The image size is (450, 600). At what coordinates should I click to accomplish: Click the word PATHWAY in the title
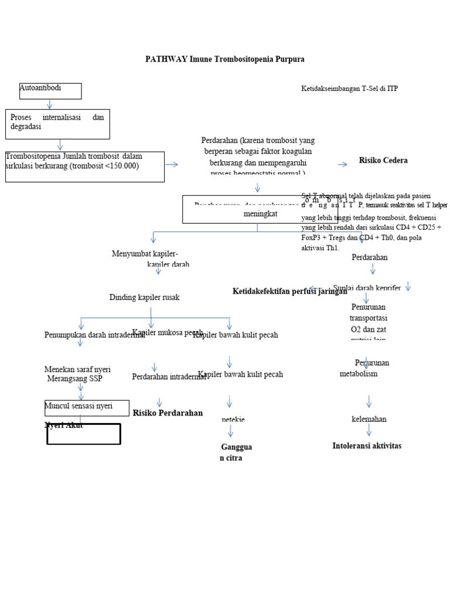[167, 59]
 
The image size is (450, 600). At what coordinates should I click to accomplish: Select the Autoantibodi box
[50, 91]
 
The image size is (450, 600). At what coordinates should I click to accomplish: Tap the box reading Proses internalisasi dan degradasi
[57, 124]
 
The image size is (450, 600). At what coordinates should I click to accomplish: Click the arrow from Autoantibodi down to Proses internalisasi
[50, 104]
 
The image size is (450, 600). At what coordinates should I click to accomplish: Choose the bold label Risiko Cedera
[383, 161]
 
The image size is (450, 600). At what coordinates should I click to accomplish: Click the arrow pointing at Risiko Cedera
[343, 165]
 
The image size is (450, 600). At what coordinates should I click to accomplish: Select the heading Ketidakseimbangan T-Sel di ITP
[349, 88]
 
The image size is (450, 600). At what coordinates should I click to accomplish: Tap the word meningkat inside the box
[260, 214]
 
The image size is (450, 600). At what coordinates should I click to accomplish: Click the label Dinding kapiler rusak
[144, 298]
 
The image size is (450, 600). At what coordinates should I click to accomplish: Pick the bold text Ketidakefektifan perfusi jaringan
[289, 291]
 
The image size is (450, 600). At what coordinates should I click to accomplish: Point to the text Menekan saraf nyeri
[77, 370]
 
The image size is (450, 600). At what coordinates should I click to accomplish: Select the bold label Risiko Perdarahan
[168, 413]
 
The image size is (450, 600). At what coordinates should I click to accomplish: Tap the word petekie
[233, 420]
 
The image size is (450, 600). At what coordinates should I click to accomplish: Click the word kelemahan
[369, 419]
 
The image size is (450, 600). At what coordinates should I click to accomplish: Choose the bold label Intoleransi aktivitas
[367, 446]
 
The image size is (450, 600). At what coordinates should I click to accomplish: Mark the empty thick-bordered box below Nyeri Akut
[84, 434]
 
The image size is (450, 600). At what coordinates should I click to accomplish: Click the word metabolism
[359, 374]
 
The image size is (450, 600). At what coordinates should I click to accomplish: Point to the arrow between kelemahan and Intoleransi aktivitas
[369, 431]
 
